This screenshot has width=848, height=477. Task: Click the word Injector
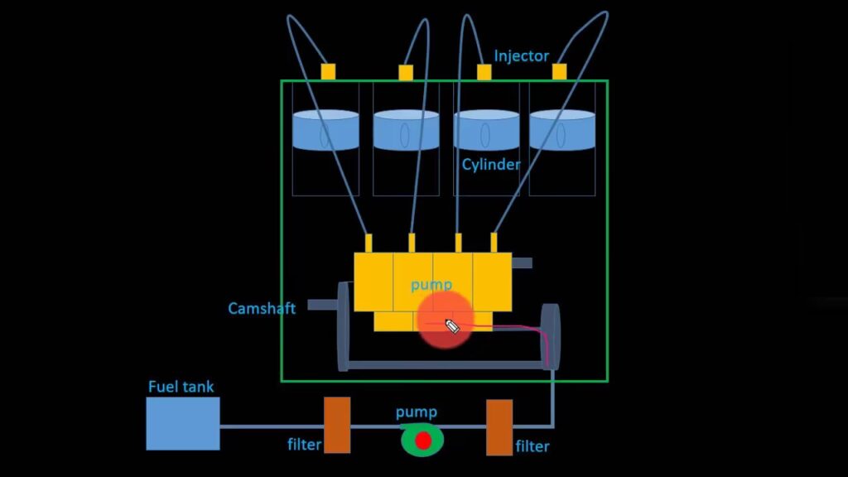[521, 56]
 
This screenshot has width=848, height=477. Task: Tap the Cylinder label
[491, 165]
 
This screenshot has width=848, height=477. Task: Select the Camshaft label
[262, 309]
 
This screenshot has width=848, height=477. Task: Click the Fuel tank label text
[181, 387]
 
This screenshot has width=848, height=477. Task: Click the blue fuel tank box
[183, 423]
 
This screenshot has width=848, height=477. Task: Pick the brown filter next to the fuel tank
[336, 425]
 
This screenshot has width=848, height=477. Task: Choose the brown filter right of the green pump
[499, 427]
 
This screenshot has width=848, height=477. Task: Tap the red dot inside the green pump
[423, 441]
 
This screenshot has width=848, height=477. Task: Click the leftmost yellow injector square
[329, 71]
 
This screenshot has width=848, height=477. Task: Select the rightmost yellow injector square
[560, 71]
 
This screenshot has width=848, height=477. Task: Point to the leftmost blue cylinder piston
[325, 131]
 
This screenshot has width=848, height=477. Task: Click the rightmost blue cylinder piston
[562, 131]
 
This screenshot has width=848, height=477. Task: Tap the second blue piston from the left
[406, 131]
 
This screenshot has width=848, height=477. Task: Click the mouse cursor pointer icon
[452, 325]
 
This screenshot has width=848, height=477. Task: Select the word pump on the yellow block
[431, 284]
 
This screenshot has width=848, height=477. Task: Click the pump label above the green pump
[416, 412]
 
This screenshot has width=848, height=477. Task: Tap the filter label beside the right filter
[532, 446]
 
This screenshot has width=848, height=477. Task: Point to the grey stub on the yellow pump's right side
[522, 263]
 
